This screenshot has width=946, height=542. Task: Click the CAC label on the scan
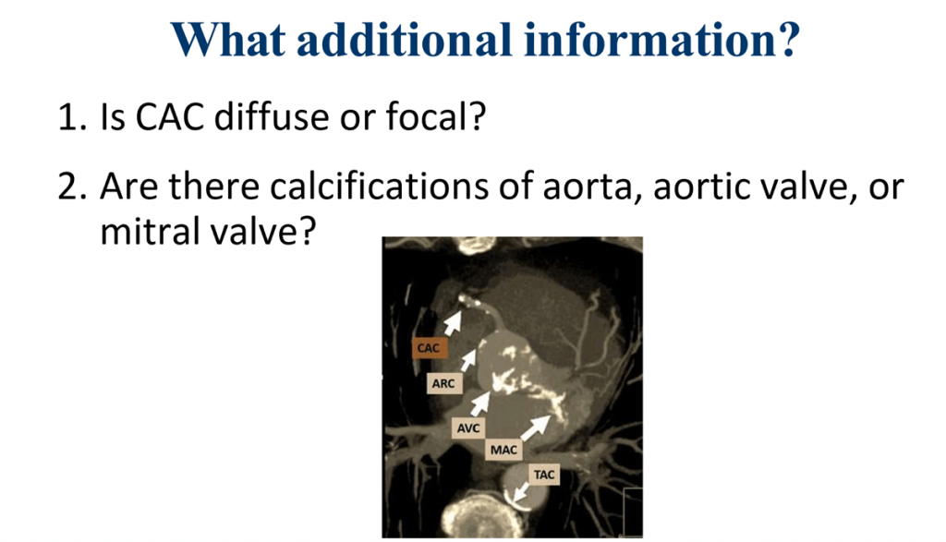tap(428, 348)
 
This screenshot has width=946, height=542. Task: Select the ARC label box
tap(443, 383)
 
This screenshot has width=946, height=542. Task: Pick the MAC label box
tap(503, 450)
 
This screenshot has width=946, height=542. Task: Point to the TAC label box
tap(544, 475)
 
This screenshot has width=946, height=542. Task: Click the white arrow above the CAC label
tap(454, 320)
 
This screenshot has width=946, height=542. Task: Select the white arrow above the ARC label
tap(471, 359)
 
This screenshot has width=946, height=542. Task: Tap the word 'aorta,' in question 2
tap(592, 188)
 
